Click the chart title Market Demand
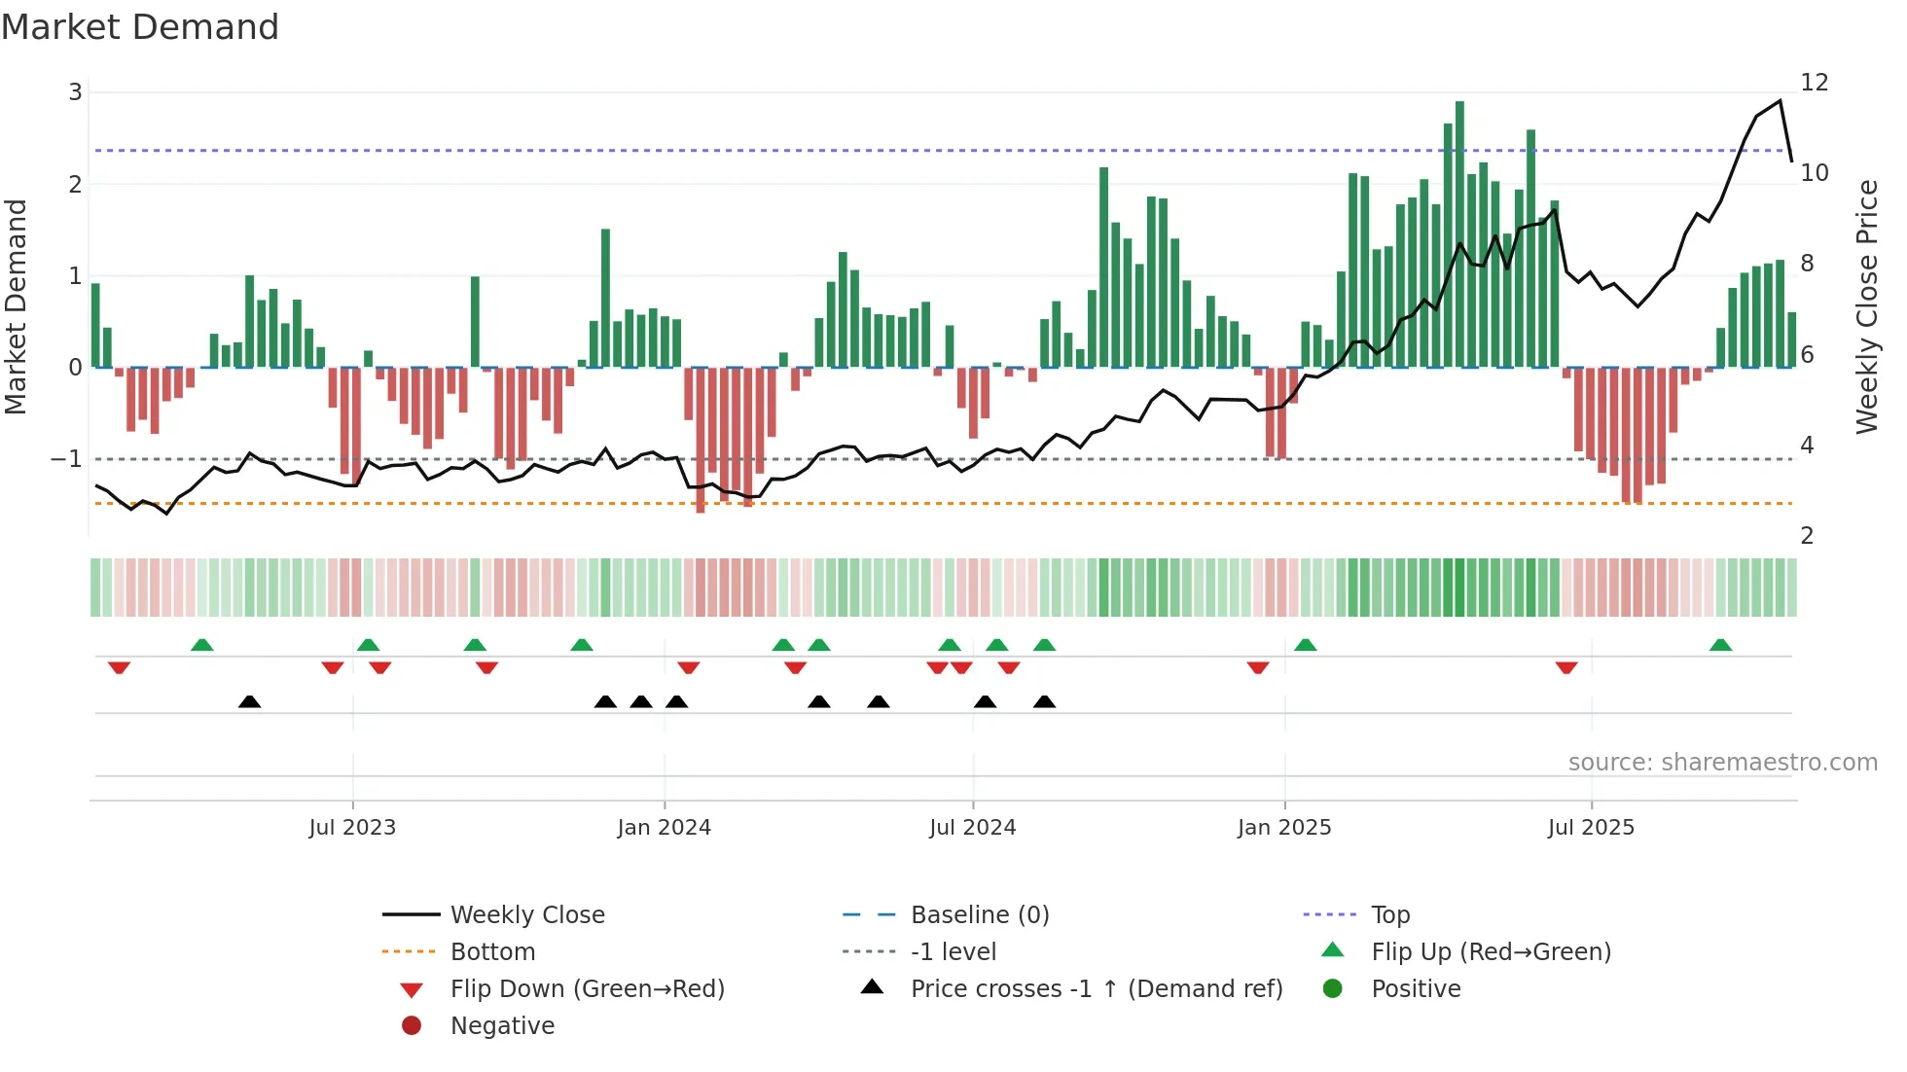tap(140, 27)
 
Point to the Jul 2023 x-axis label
tap(352, 828)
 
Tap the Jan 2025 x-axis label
tap(1284, 828)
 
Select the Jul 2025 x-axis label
tap(1591, 828)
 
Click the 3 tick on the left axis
tap(75, 92)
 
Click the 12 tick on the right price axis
tap(1815, 83)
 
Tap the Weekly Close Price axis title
tap(1866, 306)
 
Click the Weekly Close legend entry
tap(526, 915)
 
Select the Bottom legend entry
tap(492, 952)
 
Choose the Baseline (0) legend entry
tap(979, 915)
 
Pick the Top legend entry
tap(1390, 915)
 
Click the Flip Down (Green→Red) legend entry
tap(587, 989)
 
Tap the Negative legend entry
tap(502, 1026)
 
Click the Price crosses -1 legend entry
tap(1096, 989)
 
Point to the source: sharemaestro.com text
tap(1722, 763)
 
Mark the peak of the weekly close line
tap(1780, 101)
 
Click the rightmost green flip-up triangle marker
tap(1720, 645)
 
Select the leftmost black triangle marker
tap(250, 701)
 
